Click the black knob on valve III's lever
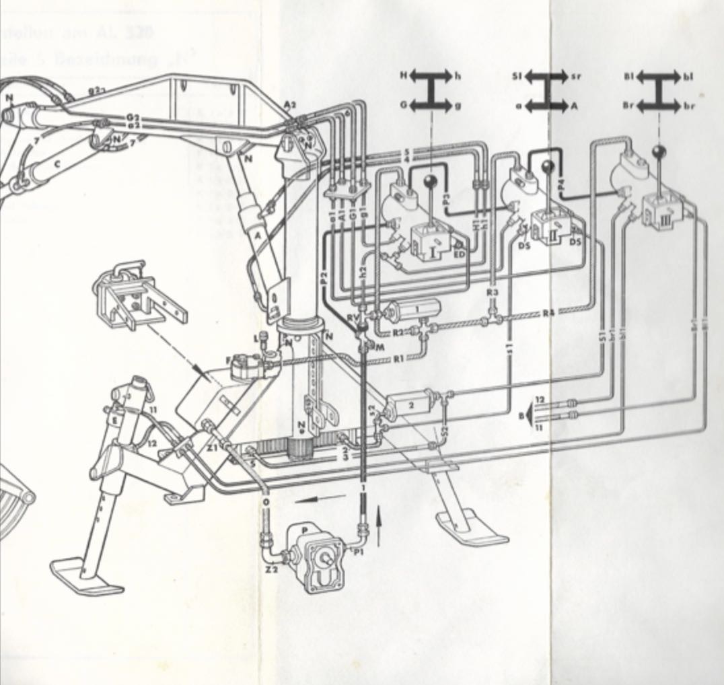click(x=659, y=151)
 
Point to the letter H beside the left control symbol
click(x=404, y=76)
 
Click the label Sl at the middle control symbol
click(x=516, y=76)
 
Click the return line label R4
click(x=549, y=313)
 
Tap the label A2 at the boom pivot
click(x=290, y=105)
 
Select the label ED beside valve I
click(x=460, y=254)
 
